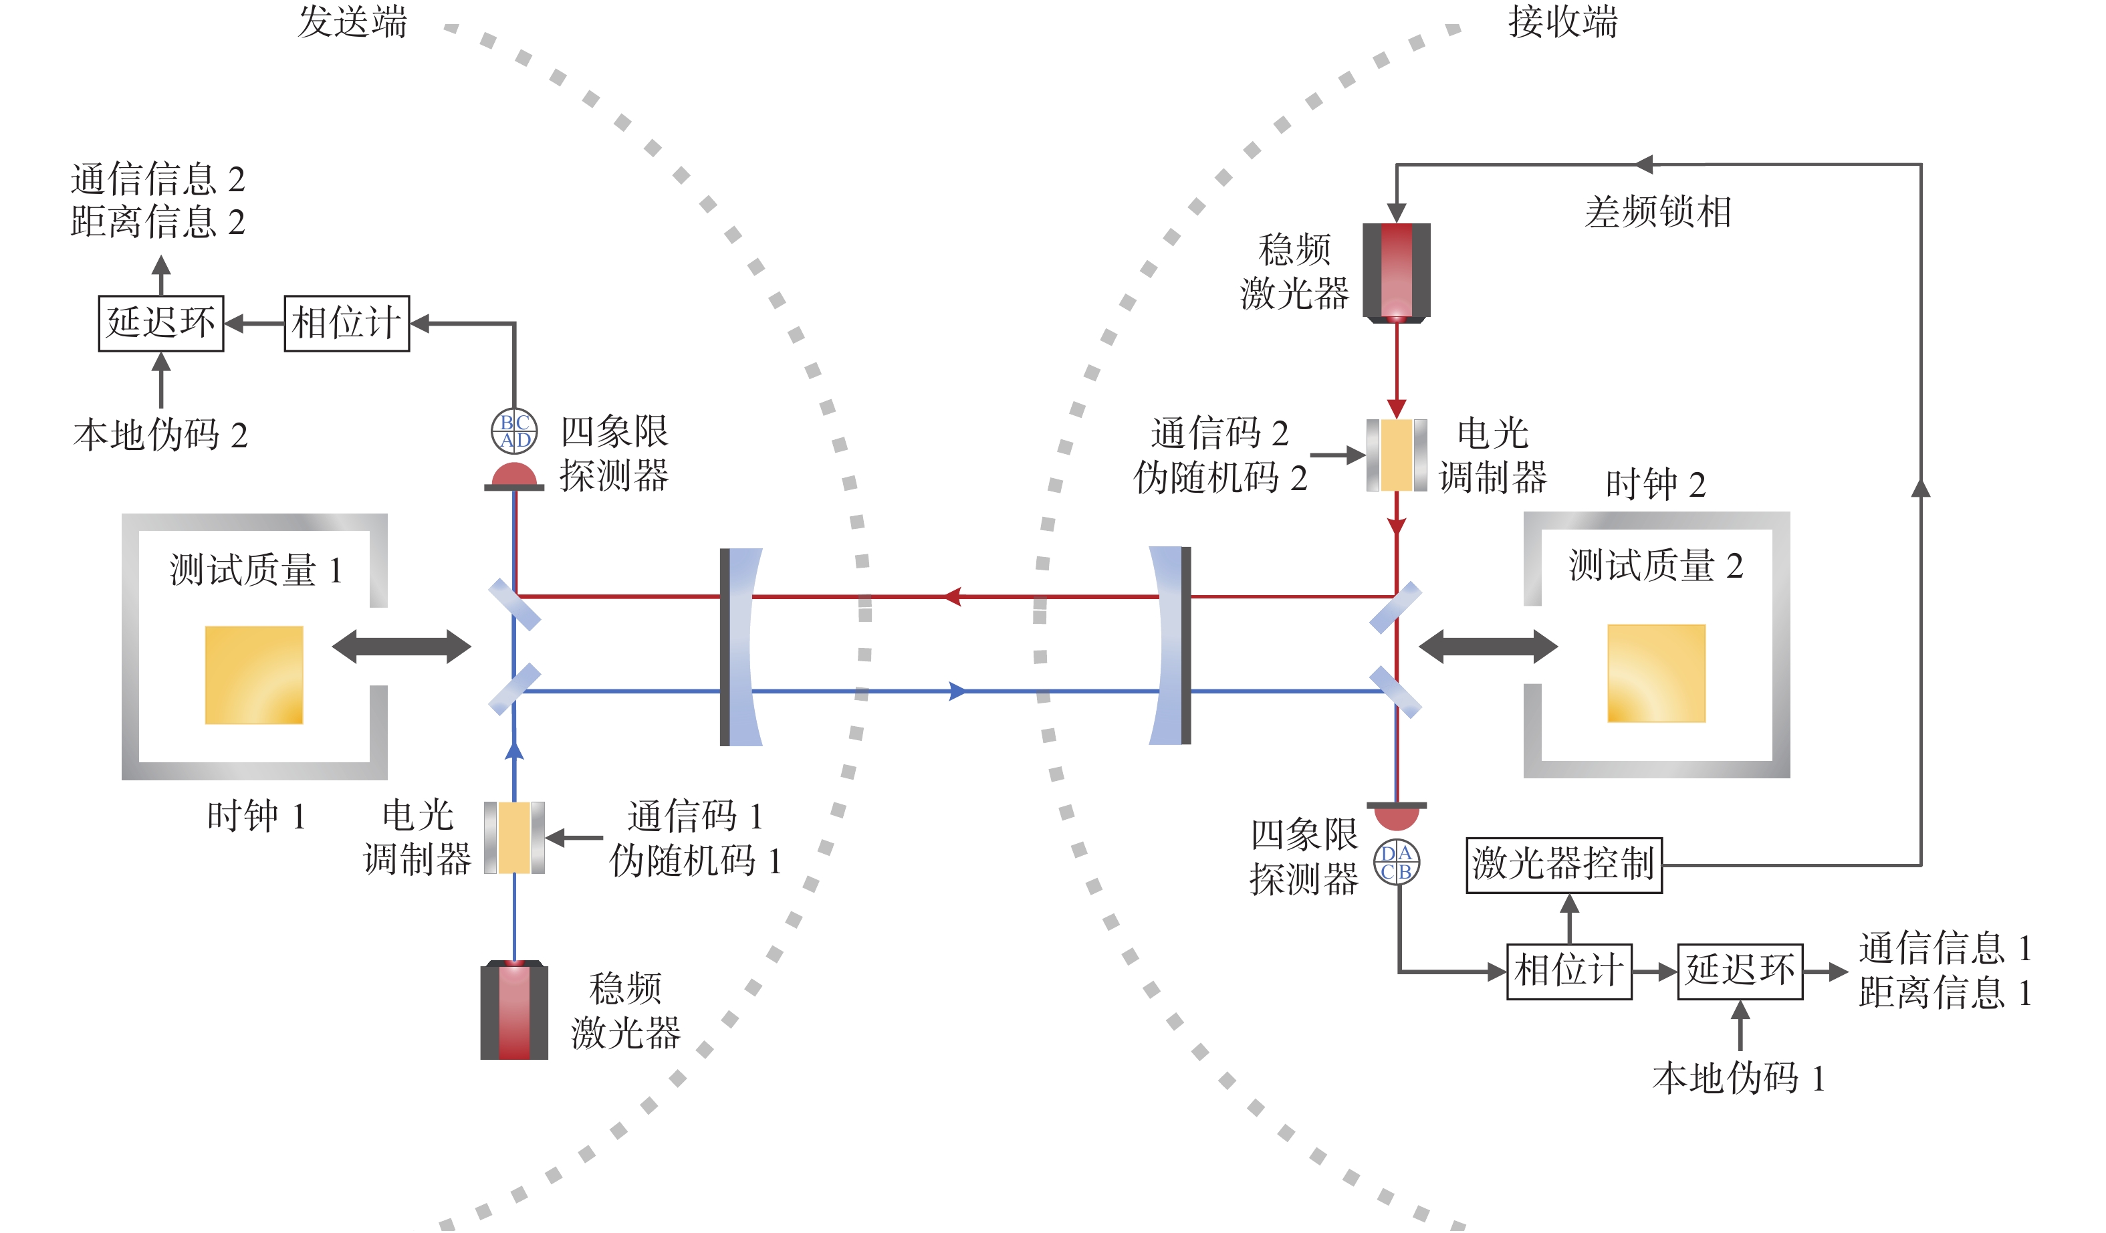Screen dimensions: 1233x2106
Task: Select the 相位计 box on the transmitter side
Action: [347, 324]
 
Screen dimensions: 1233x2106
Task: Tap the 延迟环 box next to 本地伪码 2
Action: [161, 324]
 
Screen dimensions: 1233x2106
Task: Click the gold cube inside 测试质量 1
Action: [254, 675]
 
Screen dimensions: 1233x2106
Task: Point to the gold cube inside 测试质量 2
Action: [1657, 673]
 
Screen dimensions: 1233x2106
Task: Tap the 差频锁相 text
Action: [1658, 211]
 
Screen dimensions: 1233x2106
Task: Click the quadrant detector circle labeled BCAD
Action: [514, 431]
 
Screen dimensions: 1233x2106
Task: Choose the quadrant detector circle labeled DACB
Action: [1397, 863]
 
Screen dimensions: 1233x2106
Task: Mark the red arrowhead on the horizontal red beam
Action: [953, 596]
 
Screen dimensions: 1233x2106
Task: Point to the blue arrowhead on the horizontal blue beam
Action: [957, 691]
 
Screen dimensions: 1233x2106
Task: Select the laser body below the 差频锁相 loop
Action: [1397, 271]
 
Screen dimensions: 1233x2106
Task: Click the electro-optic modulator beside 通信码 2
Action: [1397, 455]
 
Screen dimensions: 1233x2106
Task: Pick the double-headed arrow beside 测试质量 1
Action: [401, 646]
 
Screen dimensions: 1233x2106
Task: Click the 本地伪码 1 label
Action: [1738, 1079]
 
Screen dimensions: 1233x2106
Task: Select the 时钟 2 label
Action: [1655, 485]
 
